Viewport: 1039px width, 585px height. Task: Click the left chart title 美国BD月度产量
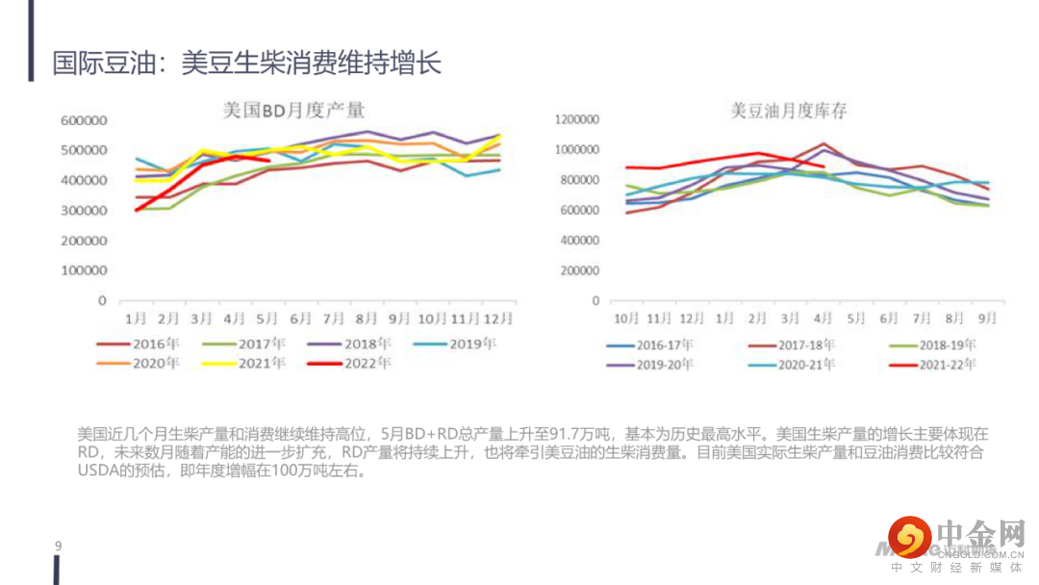point(293,111)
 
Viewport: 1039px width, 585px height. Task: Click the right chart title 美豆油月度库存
point(789,112)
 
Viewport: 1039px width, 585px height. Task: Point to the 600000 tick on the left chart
point(83,120)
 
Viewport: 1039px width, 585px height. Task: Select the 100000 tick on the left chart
point(83,270)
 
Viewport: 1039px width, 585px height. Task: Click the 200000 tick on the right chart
point(581,270)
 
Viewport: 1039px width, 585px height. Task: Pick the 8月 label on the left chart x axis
point(366,318)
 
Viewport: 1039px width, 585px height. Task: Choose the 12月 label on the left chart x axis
point(498,318)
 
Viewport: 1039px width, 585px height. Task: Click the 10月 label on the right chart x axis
point(626,318)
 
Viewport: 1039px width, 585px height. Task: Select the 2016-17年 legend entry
point(665,344)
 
